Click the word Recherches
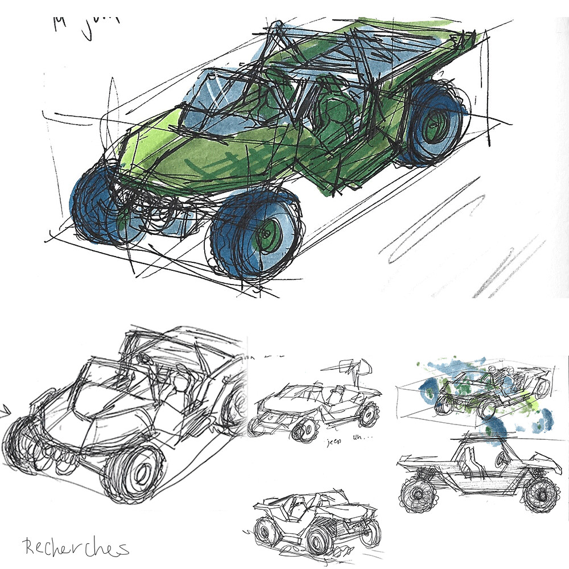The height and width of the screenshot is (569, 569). coord(76,547)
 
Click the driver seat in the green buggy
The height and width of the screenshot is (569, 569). coord(336,114)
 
